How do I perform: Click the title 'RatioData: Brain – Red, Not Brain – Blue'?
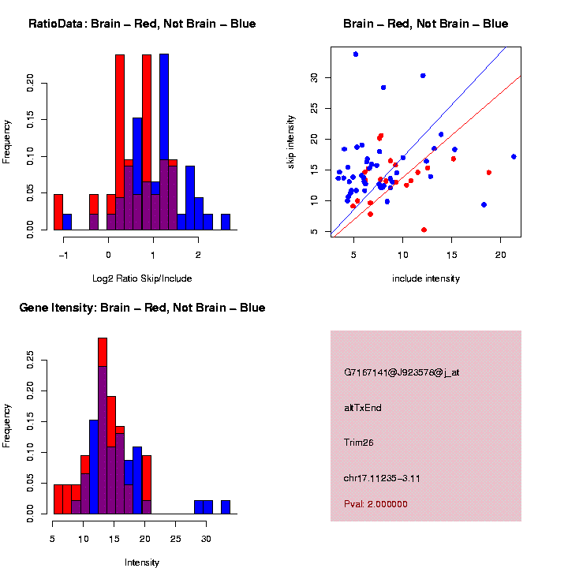(x=142, y=24)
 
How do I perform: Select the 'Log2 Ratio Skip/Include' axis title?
(x=142, y=278)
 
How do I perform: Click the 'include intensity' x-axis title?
(x=425, y=278)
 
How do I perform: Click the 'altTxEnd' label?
(x=362, y=408)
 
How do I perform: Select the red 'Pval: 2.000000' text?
(x=376, y=503)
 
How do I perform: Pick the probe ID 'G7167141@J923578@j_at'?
(x=401, y=372)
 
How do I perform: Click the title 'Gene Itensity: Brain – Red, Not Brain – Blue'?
(x=142, y=307)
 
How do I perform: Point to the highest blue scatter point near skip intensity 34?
(x=356, y=54)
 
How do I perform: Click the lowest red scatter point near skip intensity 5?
(x=424, y=230)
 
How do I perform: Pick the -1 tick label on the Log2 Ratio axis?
(x=66, y=254)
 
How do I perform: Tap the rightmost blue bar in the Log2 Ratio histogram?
(x=226, y=222)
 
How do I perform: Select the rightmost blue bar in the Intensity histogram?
(x=226, y=507)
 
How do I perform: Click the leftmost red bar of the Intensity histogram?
(x=58, y=499)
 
